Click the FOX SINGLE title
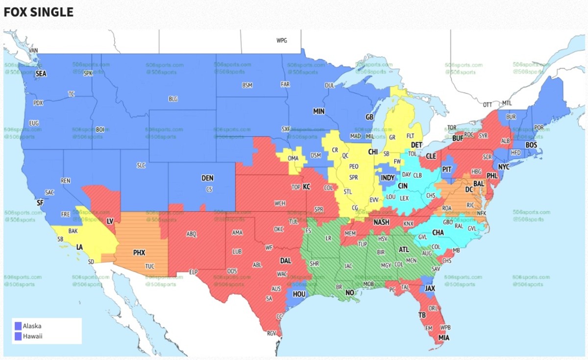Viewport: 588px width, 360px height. click(x=39, y=12)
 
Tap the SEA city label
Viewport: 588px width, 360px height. click(x=41, y=73)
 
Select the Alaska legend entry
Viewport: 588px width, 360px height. click(x=32, y=326)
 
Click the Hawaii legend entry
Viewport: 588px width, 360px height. click(x=32, y=336)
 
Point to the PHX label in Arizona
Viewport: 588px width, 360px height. click(x=139, y=253)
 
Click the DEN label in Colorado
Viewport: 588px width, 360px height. click(x=207, y=178)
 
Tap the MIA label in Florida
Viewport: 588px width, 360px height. click(x=443, y=338)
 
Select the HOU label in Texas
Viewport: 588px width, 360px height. click(x=298, y=294)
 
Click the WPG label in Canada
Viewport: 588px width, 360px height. click(x=281, y=41)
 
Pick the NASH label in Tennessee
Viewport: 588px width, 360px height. click(x=381, y=222)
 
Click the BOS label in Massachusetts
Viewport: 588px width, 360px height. click(x=531, y=145)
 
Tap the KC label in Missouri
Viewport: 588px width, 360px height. click(x=306, y=187)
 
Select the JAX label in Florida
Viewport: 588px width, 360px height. click(x=430, y=289)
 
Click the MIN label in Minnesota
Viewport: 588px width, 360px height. click(x=319, y=112)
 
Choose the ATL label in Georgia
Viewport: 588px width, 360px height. click(x=404, y=249)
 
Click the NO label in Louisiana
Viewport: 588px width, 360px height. click(x=349, y=293)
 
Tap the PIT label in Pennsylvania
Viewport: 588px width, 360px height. click(x=446, y=168)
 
